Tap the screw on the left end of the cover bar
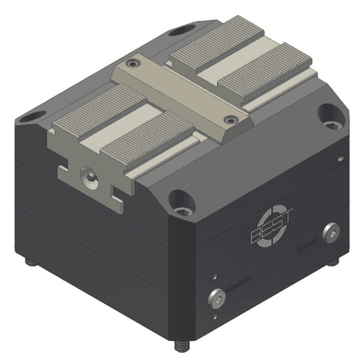pyautogui.click(x=133, y=64)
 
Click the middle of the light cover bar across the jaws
pyautogui.click(x=180, y=90)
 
